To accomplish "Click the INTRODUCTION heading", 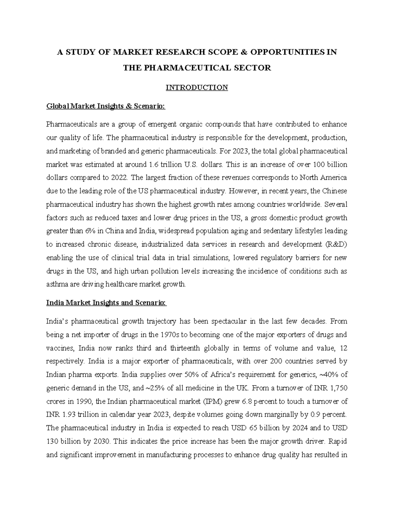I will pyautogui.click(x=197, y=88).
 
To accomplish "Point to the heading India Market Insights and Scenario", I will pyautogui.click(x=106, y=303).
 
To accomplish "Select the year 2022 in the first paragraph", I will pyautogui.click(x=119, y=178).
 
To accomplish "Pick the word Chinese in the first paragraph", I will pyautogui.click(x=335, y=191).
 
